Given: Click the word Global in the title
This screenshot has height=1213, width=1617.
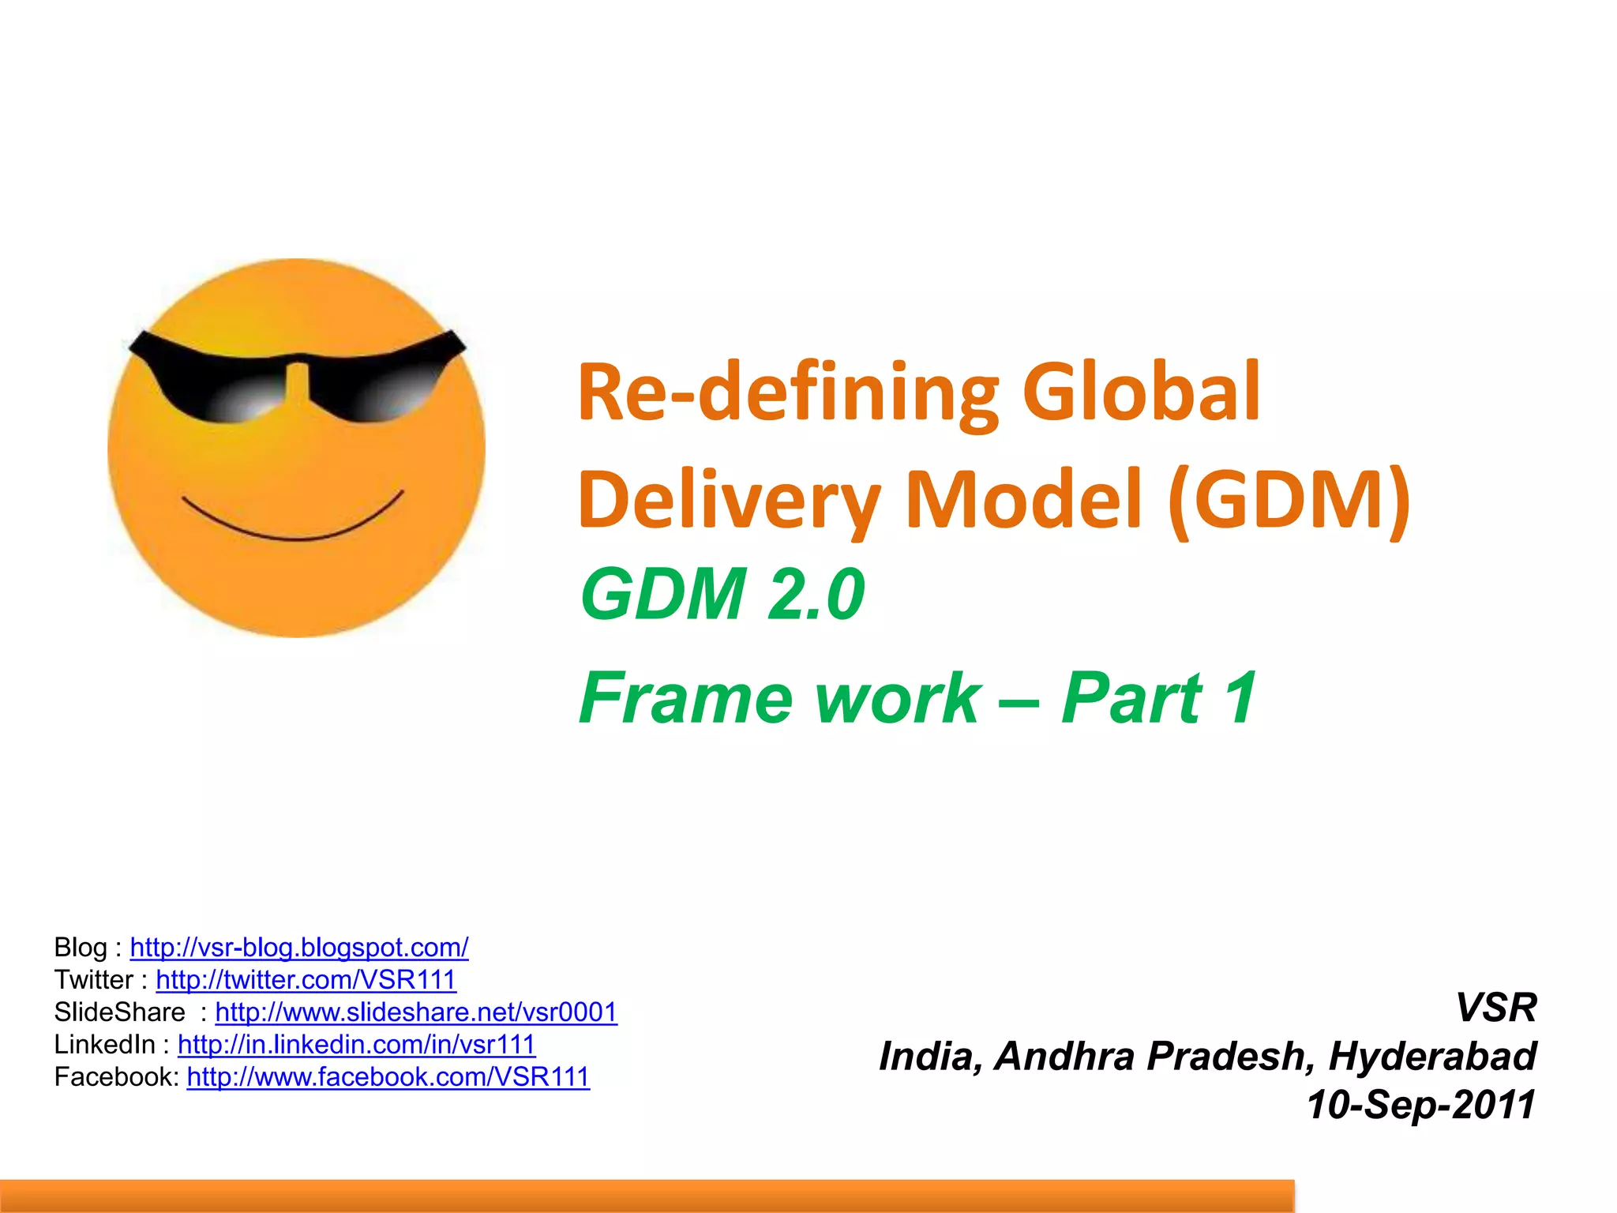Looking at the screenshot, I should (x=1141, y=392).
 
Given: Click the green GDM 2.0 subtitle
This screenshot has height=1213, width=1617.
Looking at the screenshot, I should (x=722, y=594).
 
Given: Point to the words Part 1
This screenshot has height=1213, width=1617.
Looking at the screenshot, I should (x=1158, y=697).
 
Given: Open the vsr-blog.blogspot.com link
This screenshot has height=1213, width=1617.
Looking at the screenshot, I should (x=299, y=947).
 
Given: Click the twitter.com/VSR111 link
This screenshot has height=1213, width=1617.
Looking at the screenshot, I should (x=306, y=979).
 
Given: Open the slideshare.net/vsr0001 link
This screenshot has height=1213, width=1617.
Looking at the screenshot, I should (x=416, y=1012).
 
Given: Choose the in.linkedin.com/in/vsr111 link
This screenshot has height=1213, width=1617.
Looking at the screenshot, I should (x=356, y=1044).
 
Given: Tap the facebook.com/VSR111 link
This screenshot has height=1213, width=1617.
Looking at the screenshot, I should (x=388, y=1076).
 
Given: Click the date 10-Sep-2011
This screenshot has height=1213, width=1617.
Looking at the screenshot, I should (x=1420, y=1104).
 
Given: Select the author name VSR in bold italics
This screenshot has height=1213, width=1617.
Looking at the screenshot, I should (x=1495, y=1008).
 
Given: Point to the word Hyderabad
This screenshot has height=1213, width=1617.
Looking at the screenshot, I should (x=1432, y=1056).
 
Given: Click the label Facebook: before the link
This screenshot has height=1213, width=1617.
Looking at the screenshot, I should (x=117, y=1076).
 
